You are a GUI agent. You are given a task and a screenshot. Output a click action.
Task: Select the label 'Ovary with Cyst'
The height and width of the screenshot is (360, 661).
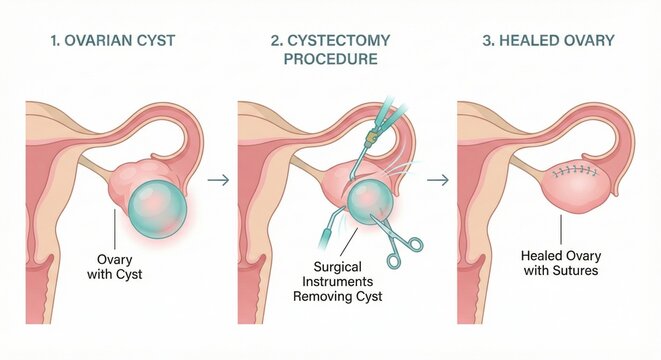click(x=123, y=267)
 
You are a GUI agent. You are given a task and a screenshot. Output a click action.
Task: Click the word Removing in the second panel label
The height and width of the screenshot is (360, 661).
click(x=311, y=296)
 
